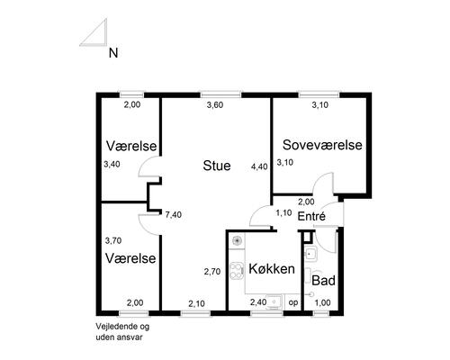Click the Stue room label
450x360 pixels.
pos(216,166)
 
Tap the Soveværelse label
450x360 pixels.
pos(322,145)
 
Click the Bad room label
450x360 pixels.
pos(323,280)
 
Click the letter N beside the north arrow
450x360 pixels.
pos(113,53)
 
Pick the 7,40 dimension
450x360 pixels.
pos(174,214)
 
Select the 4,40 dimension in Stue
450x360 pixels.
pos(259,166)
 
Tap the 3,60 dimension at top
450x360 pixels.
pos(215,106)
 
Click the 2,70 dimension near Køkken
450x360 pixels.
pos(212,271)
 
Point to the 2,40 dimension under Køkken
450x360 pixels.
pos(258,302)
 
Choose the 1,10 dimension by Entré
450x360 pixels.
pos(283,213)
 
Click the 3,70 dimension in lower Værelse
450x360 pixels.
pos(113,240)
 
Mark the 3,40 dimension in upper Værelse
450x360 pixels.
pos(112,165)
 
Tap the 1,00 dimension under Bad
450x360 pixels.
pos(321,302)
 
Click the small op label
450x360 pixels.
pos(292,302)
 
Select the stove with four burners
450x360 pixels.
pos(238,271)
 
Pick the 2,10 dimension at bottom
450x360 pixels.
pos(197,302)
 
